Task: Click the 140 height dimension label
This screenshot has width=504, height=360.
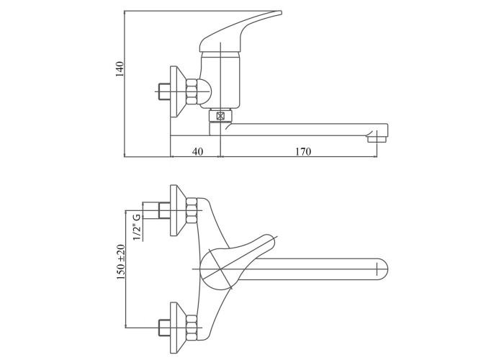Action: pyautogui.click(x=120, y=68)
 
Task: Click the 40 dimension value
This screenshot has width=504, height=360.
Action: pyautogui.click(x=198, y=151)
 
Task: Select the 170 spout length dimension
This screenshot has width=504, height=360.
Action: pyautogui.click(x=303, y=151)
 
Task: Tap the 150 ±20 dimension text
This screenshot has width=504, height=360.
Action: pyautogui.click(x=121, y=261)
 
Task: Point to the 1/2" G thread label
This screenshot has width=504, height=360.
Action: pyautogui.click(x=138, y=226)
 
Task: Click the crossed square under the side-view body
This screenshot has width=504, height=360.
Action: pyautogui.click(x=220, y=116)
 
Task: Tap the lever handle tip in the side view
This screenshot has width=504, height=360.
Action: pyautogui.click(x=279, y=12)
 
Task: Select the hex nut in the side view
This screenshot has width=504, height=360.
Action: pyautogui.click(x=192, y=91)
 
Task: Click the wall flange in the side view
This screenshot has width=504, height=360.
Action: pyautogui.click(x=177, y=91)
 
